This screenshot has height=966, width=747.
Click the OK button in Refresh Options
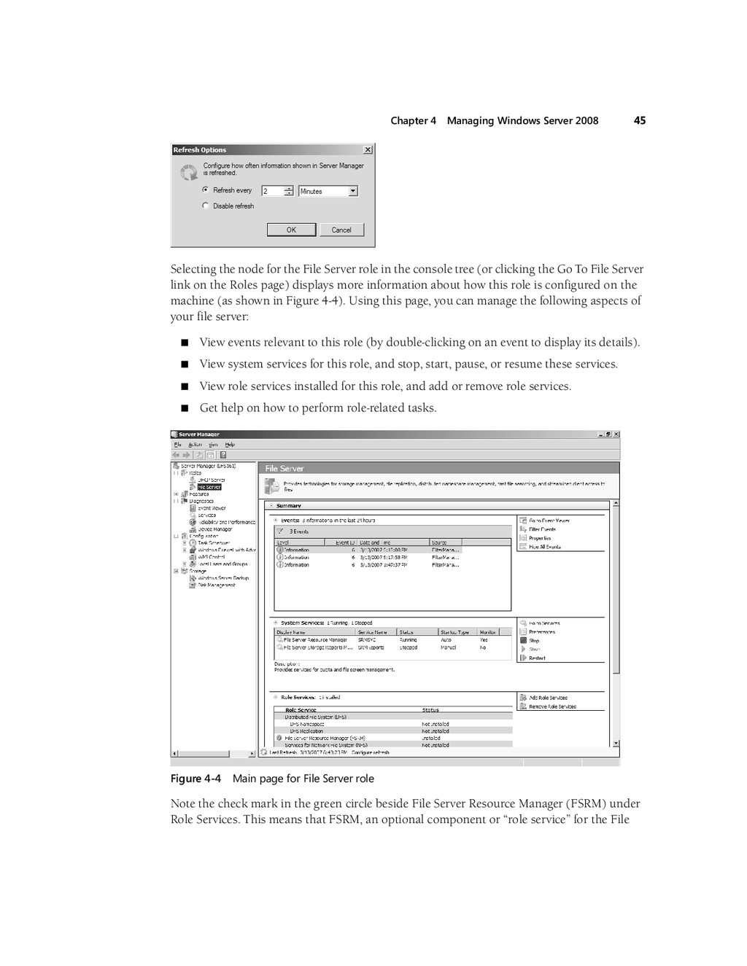[291, 230]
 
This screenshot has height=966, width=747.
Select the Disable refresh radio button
[206, 206]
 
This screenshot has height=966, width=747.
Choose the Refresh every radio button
[206, 190]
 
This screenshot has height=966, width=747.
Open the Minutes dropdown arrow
[353, 191]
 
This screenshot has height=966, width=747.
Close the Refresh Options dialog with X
[368, 149]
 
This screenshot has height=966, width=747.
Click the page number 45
[640, 120]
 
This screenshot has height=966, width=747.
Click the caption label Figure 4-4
[196, 779]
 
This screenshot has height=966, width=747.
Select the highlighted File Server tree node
[209, 487]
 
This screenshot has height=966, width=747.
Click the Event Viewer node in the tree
[212, 508]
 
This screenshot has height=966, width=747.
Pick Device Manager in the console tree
[214, 529]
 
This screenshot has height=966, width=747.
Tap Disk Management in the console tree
[217, 585]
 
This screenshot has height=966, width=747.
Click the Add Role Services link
[548, 698]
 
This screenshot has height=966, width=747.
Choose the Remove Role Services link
[552, 706]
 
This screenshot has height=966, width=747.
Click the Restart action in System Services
[537, 658]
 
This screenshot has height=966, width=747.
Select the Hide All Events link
[544, 547]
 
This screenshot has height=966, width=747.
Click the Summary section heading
[289, 505]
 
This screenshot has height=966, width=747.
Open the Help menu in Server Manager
[230, 444]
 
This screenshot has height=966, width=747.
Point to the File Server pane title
[285, 469]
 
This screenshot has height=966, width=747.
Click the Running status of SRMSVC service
[408, 640]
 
